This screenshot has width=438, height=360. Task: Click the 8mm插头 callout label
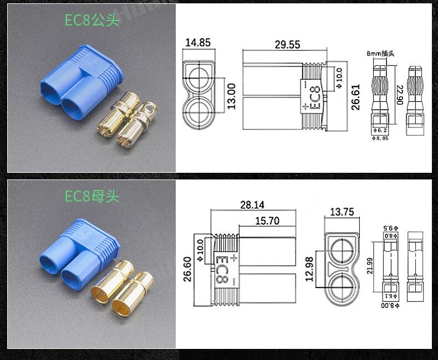coord(380,54)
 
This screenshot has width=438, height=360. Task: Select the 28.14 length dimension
coord(252,205)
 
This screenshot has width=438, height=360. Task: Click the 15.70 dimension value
coord(267,220)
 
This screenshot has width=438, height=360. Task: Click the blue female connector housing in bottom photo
coord(78,249)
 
